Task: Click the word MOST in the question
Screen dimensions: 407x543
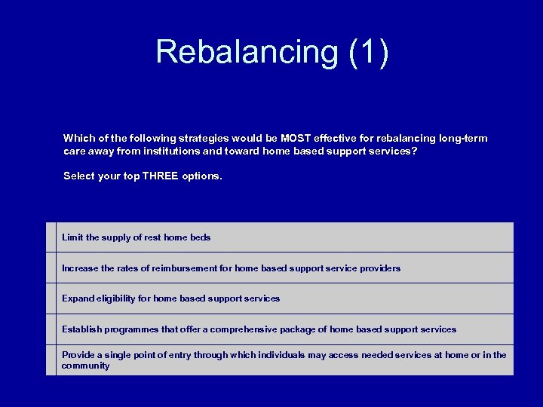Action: tap(296, 139)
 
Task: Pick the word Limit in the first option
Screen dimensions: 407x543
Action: tap(72, 237)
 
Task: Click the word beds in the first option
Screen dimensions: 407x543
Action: tap(200, 237)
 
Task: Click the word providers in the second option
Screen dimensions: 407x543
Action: tap(381, 268)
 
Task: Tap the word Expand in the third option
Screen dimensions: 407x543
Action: tap(78, 298)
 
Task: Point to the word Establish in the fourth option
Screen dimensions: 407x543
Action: tap(81, 329)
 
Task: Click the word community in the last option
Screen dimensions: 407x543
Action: tap(85, 366)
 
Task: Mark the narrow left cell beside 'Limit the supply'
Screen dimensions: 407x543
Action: tap(51, 237)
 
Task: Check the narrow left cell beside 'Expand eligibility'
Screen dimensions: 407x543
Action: tap(51, 298)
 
